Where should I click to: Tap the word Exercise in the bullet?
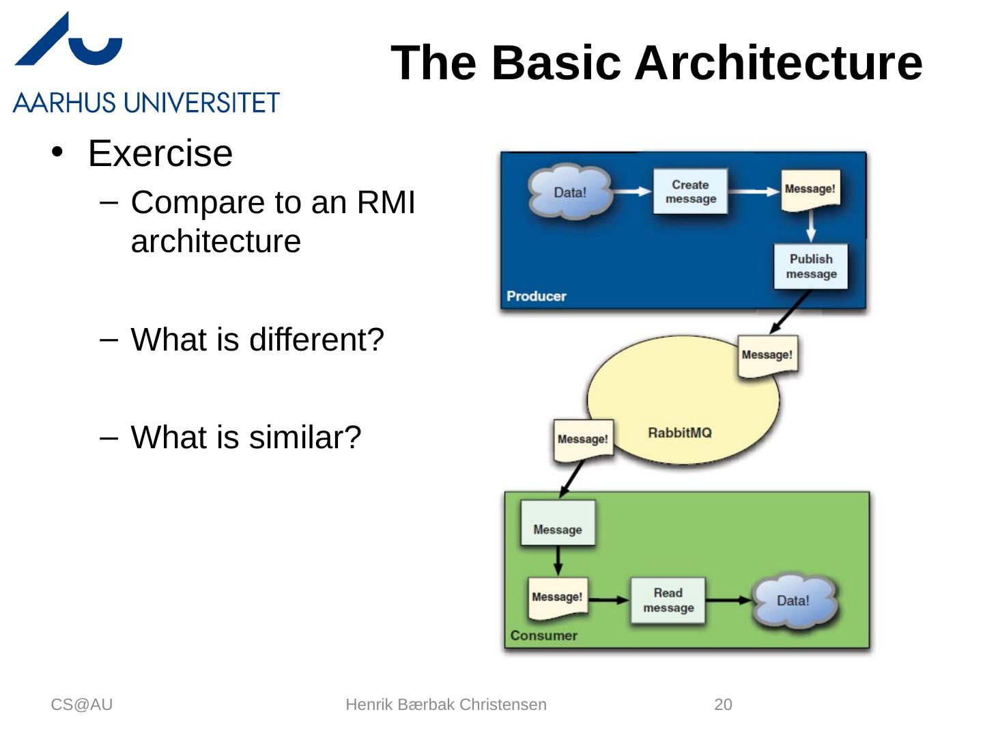(x=160, y=153)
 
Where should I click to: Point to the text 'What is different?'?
(x=257, y=340)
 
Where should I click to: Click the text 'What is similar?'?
(x=246, y=437)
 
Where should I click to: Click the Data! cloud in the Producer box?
(x=570, y=192)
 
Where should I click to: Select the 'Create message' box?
(x=690, y=192)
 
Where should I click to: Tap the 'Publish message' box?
(x=811, y=266)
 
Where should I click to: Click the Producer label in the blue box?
(x=537, y=297)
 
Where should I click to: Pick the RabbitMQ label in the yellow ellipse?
(x=679, y=433)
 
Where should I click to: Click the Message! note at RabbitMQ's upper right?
(x=767, y=355)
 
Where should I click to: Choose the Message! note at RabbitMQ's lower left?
(x=582, y=439)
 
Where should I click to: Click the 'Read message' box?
(x=668, y=601)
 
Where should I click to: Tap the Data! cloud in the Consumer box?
(x=793, y=601)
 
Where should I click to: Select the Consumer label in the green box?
(x=543, y=635)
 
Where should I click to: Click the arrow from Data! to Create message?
(x=631, y=192)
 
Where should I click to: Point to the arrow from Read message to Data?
(x=729, y=601)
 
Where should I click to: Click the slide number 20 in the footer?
(x=723, y=705)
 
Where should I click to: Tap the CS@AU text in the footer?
(x=81, y=705)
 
